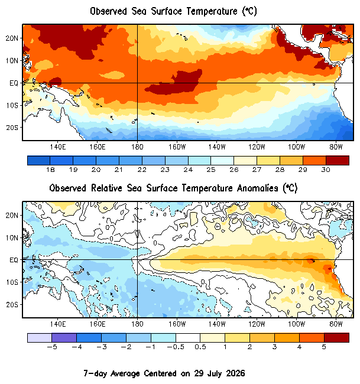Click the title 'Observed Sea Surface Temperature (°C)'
pos(174,11)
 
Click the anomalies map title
pos(174,188)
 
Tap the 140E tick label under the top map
pos(58,147)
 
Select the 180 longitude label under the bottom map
pos(137,324)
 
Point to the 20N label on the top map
pos(12,38)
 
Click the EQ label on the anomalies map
pos(14,260)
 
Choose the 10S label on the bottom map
pos(12,282)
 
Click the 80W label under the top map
pos(336,147)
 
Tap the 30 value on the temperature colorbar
pos(326,170)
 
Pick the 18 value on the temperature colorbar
pos(50,170)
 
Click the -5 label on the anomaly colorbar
pos(51,347)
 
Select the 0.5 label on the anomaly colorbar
pos(200,347)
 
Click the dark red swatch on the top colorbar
pos(338,161)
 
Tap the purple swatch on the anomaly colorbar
pos(64,338)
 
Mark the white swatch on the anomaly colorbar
pos(188,338)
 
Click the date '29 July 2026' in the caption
pos(219,373)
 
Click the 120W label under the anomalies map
pos(257,324)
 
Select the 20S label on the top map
pos(12,128)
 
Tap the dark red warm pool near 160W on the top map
pos(175,83)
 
